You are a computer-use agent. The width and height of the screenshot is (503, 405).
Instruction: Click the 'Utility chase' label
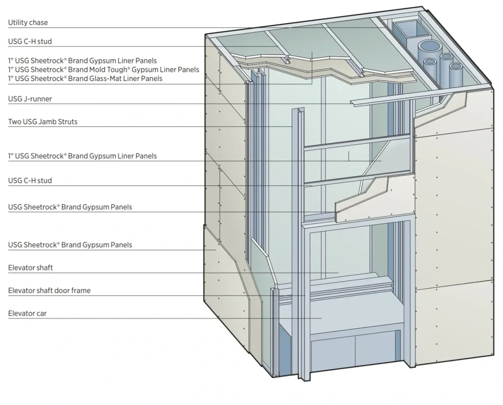[x=31, y=22]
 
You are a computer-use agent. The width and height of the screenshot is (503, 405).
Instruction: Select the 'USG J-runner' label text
[x=30, y=99]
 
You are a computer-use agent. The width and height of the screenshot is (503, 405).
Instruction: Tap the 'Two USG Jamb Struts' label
[x=43, y=122]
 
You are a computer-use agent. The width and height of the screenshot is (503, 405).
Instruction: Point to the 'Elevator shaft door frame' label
[x=49, y=290]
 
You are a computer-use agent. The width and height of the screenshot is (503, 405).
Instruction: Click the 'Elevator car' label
[x=27, y=313]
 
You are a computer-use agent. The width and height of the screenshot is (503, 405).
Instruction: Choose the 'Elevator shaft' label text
[x=31, y=267]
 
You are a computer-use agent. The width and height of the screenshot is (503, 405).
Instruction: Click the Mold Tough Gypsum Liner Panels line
[x=104, y=69]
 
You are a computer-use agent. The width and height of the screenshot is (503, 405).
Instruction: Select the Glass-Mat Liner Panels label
[x=85, y=78]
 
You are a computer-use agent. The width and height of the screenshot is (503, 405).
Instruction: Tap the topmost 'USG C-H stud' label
[x=30, y=41]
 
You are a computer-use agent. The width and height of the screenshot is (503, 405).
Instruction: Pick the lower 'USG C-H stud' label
[x=30, y=180]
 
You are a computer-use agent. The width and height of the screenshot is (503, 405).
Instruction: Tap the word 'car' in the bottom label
[x=41, y=313]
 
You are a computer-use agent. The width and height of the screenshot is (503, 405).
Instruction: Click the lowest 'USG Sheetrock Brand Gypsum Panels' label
[x=70, y=244]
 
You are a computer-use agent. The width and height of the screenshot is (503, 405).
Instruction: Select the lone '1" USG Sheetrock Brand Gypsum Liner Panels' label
[x=83, y=156]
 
